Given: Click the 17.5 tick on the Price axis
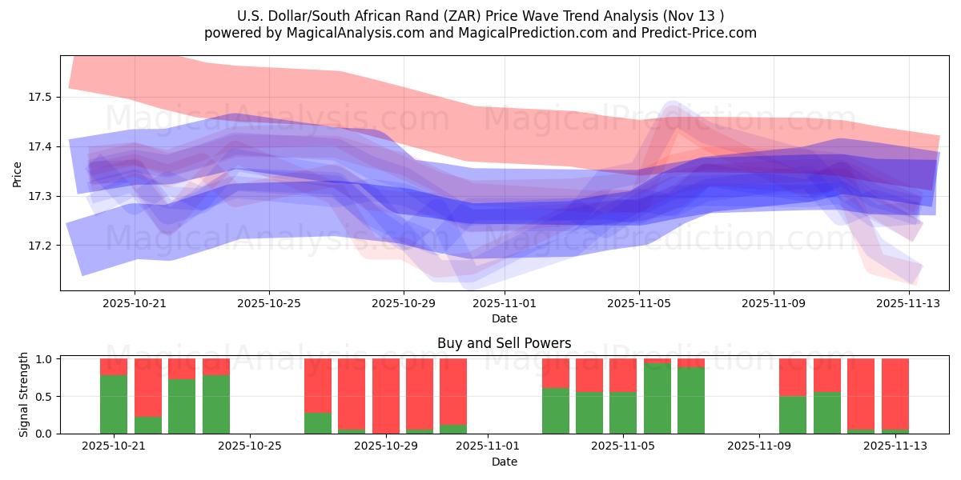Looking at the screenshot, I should pos(39,97).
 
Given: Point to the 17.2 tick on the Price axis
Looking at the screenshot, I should pos(39,245).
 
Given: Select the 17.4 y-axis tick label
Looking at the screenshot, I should pos(39,146).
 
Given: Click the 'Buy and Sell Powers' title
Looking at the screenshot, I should pos(504,343).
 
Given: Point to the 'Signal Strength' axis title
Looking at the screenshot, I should pos(24,395).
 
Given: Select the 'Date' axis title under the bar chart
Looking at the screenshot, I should pos(504,462).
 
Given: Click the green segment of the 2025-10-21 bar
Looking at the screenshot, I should pos(114,404).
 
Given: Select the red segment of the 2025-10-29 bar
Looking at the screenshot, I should pos(385,395).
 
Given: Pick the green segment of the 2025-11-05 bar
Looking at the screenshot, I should pos(623,413).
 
